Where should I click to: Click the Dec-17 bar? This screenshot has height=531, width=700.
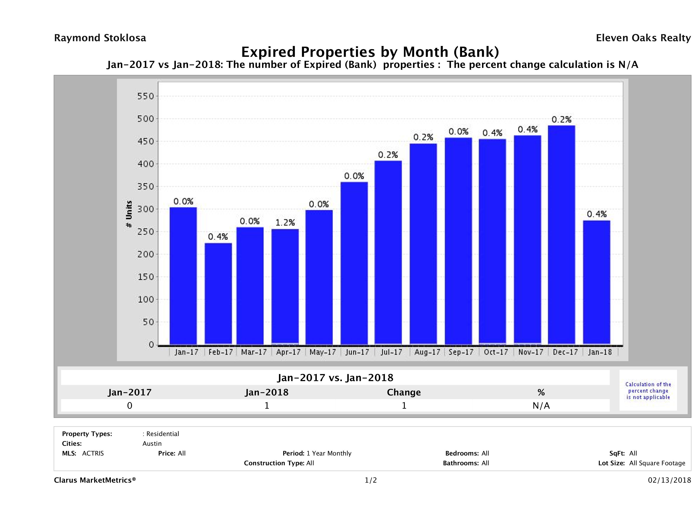pyautogui.click(x=561, y=235)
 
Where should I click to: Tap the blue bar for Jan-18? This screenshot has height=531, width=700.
pyautogui.click(x=597, y=282)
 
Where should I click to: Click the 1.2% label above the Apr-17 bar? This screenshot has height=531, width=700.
pyautogui.click(x=285, y=223)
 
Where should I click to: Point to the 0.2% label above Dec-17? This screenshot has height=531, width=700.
pyautogui.click(x=561, y=120)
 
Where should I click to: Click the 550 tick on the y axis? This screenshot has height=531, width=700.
pyautogui.click(x=145, y=96)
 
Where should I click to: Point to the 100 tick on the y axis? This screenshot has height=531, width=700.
pyautogui.click(x=145, y=299)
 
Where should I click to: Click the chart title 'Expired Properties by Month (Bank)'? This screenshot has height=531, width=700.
pyautogui.click(x=370, y=52)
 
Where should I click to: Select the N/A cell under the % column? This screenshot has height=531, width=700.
pyautogui.click(x=541, y=406)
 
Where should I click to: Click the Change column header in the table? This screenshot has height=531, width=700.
pyautogui.click(x=404, y=392)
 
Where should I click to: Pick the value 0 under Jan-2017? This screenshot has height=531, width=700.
pyautogui.click(x=130, y=406)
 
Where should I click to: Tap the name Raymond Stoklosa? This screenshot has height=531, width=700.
pyautogui.click(x=100, y=38)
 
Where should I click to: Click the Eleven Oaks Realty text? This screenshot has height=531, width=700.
pyautogui.click(x=643, y=38)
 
